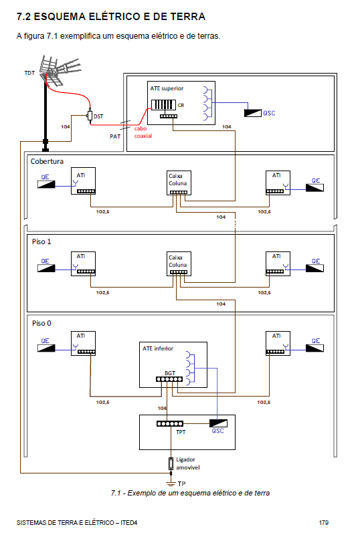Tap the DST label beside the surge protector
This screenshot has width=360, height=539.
[x=98, y=116]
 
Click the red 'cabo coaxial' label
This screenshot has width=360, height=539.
[x=143, y=132]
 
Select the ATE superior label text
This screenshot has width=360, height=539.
[x=167, y=88]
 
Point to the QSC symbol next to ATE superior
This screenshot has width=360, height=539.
[x=253, y=113]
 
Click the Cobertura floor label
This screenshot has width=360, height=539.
[x=47, y=161]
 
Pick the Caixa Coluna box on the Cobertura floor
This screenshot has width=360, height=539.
[x=179, y=183]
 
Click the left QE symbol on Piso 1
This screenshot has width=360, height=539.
[x=46, y=268]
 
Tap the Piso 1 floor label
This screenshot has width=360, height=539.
[x=41, y=241]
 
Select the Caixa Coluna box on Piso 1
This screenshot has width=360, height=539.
[x=179, y=264]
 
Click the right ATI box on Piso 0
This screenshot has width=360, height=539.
[x=278, y=343]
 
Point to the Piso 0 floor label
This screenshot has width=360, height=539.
[x=41, y=323]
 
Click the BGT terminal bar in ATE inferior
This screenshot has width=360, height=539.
[x=169, y=379]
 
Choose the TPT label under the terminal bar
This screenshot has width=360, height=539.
[x=181, y=432]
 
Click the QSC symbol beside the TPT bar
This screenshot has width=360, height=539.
[x=218, y=423]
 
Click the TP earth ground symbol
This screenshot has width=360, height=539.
[x=171, y=483]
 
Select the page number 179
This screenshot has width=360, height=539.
[x=324, y=522]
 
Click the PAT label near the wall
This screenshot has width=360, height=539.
[x=115, y=136]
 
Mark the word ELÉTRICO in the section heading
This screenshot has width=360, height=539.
[x=114, y=17]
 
